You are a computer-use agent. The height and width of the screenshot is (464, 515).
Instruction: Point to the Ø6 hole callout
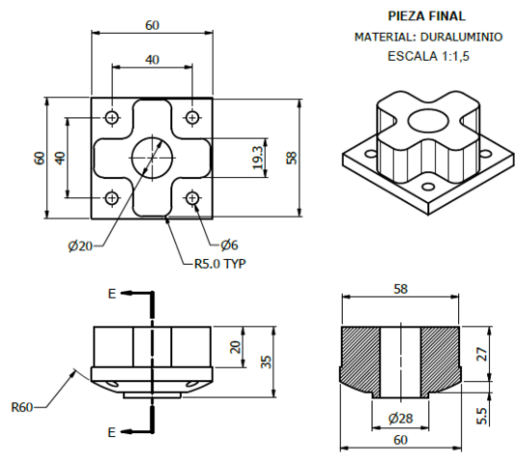(229, 244)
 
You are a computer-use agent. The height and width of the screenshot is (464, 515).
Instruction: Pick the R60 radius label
(24, 406)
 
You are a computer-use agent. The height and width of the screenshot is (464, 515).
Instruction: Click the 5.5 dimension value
(480, 414)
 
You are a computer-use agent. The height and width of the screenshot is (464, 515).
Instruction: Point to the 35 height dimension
(265, 362)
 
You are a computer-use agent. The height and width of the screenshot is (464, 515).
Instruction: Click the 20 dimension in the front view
(235, 347)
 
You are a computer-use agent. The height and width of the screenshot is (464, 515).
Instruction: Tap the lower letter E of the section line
(113, 431)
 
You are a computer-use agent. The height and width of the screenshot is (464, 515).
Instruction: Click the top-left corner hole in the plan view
(112, 117)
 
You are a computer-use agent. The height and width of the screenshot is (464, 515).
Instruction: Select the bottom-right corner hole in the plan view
(192, 198)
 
